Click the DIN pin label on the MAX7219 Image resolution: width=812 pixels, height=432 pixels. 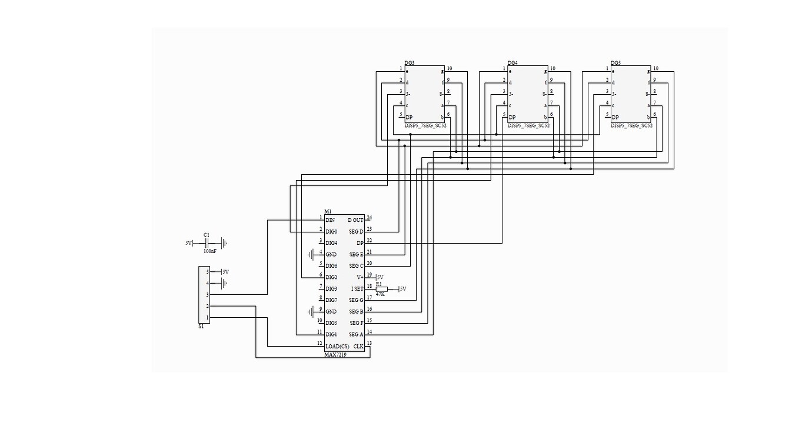pos(330,220)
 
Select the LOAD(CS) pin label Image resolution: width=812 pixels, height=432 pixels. pos(337,346)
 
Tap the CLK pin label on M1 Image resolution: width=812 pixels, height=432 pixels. pos(358,346)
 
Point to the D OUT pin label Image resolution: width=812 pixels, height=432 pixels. pos(355,220)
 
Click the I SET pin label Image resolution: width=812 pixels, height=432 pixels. pos(357,289)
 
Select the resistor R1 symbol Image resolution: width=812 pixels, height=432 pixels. pos(382,289)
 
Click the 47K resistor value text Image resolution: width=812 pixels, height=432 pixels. pos(380,294)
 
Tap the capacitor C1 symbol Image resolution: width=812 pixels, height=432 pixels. pos(207,242)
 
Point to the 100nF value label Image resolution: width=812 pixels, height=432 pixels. pos(209,251)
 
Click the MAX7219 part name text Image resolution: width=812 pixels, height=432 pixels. pos(335,355)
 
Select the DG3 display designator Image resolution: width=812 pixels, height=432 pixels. pos(410,63)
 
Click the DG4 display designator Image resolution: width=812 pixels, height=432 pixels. pos(513,63)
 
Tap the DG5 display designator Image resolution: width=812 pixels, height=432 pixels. pos(615,63)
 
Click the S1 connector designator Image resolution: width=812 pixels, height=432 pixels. pos(201,326)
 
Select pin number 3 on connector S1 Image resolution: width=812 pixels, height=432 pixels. pos(207,294)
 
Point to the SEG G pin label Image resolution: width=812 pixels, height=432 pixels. pos(356,300)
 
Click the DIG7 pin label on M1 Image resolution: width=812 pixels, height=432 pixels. pos(331,300)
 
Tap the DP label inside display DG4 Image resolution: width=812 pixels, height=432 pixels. pos(512,117)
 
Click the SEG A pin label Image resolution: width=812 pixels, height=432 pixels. pos(356,335)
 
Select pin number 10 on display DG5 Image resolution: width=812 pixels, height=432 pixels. pos(655,68)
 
